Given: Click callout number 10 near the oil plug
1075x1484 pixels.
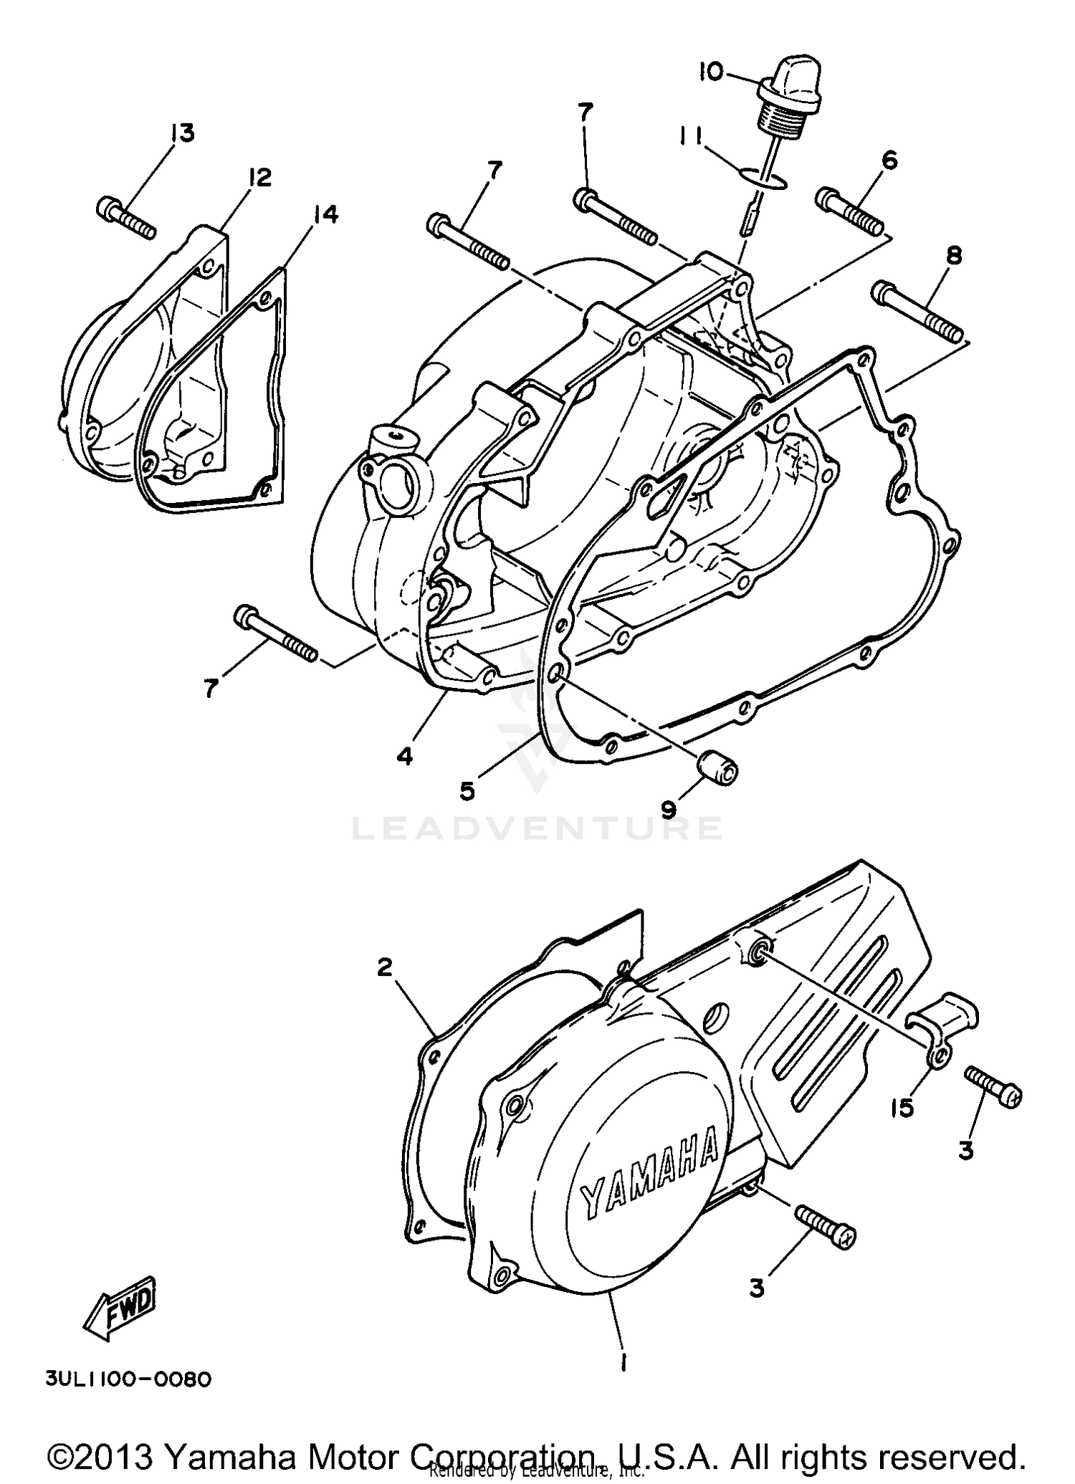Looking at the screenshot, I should coord(712,72).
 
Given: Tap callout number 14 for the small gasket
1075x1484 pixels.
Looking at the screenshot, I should coord(325,214).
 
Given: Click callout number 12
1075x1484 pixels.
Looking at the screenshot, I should coord(259,177).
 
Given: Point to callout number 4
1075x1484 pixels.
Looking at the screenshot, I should coord(405,755).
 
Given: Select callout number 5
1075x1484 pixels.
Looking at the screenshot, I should coord(467,790).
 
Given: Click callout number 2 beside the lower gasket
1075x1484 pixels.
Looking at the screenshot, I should coord(385,967).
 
